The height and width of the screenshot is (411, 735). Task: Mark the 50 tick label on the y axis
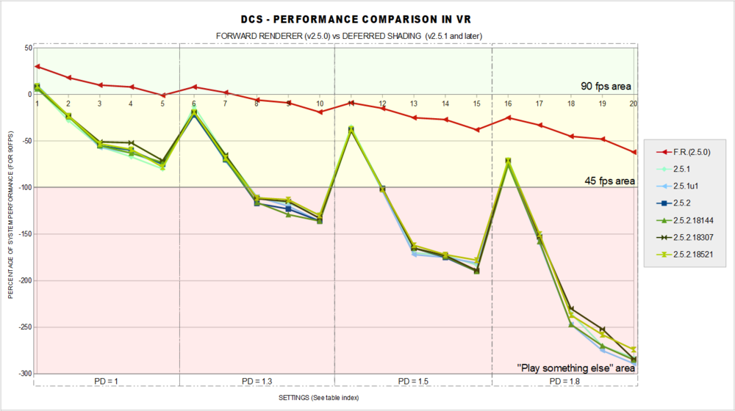click(27, 48)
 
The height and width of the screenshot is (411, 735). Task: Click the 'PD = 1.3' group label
click(257, 382)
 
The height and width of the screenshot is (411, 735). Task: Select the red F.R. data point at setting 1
click(37, 67)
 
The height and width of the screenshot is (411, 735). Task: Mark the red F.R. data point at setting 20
click(634, 152)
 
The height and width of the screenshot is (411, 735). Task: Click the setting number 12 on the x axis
click(382, 103)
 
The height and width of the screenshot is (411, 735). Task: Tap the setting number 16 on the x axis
click(508, 103)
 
